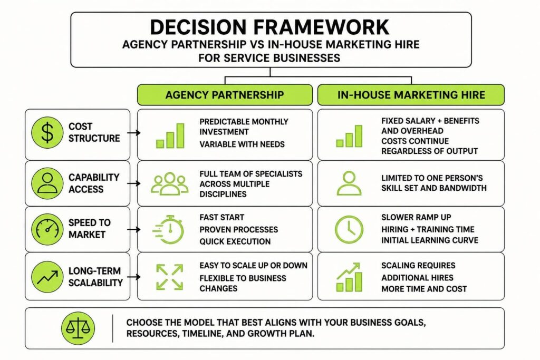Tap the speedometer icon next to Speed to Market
tap(47, 229)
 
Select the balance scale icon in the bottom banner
tap(78, 328)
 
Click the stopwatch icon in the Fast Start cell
tap(168, 230)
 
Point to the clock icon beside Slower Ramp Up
tap(349, 230)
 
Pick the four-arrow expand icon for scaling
tap(169, 277)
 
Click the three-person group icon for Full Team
tap(169, 184)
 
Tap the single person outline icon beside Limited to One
tap(349, 183)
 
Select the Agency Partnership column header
tap(225, 95)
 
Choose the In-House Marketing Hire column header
tap(411, 95)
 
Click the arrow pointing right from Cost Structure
tap(133, 132)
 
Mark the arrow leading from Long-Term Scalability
tap(133, 277)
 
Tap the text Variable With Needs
tap(242, 144)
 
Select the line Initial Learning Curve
tap(430, 240)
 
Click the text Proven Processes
tap(239, 230)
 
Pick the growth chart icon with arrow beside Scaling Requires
tap(349, 277)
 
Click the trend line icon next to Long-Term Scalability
tap(47, 277)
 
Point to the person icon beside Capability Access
tap(47, 183)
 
